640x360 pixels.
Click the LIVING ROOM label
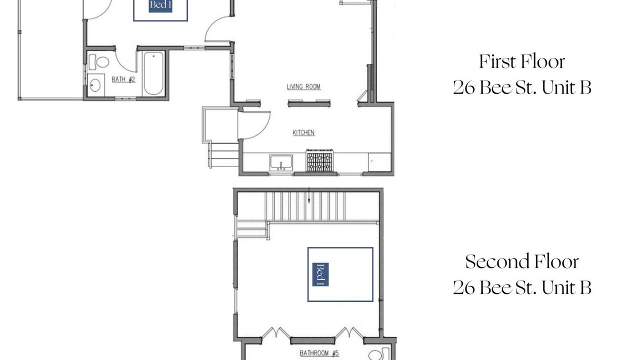coord(303,87)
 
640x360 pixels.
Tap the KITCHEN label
coord(303,133)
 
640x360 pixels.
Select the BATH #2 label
coord(123,79)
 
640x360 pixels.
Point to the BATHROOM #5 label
coord(319,353)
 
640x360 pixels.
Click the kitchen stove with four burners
coord(319,161)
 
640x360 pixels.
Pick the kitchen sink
coord(281,163)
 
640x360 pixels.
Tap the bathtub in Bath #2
coord(153,73)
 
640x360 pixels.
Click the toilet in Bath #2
coord(99,62)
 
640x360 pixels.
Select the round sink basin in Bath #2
coord(95,85)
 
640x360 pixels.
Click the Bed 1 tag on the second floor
coord(320,274)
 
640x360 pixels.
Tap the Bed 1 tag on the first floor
coord(160,5)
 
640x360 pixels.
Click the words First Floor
coord(522,61)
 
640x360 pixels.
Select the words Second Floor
coord(522,261)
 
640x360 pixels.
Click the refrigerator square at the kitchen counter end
coord(379,162)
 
